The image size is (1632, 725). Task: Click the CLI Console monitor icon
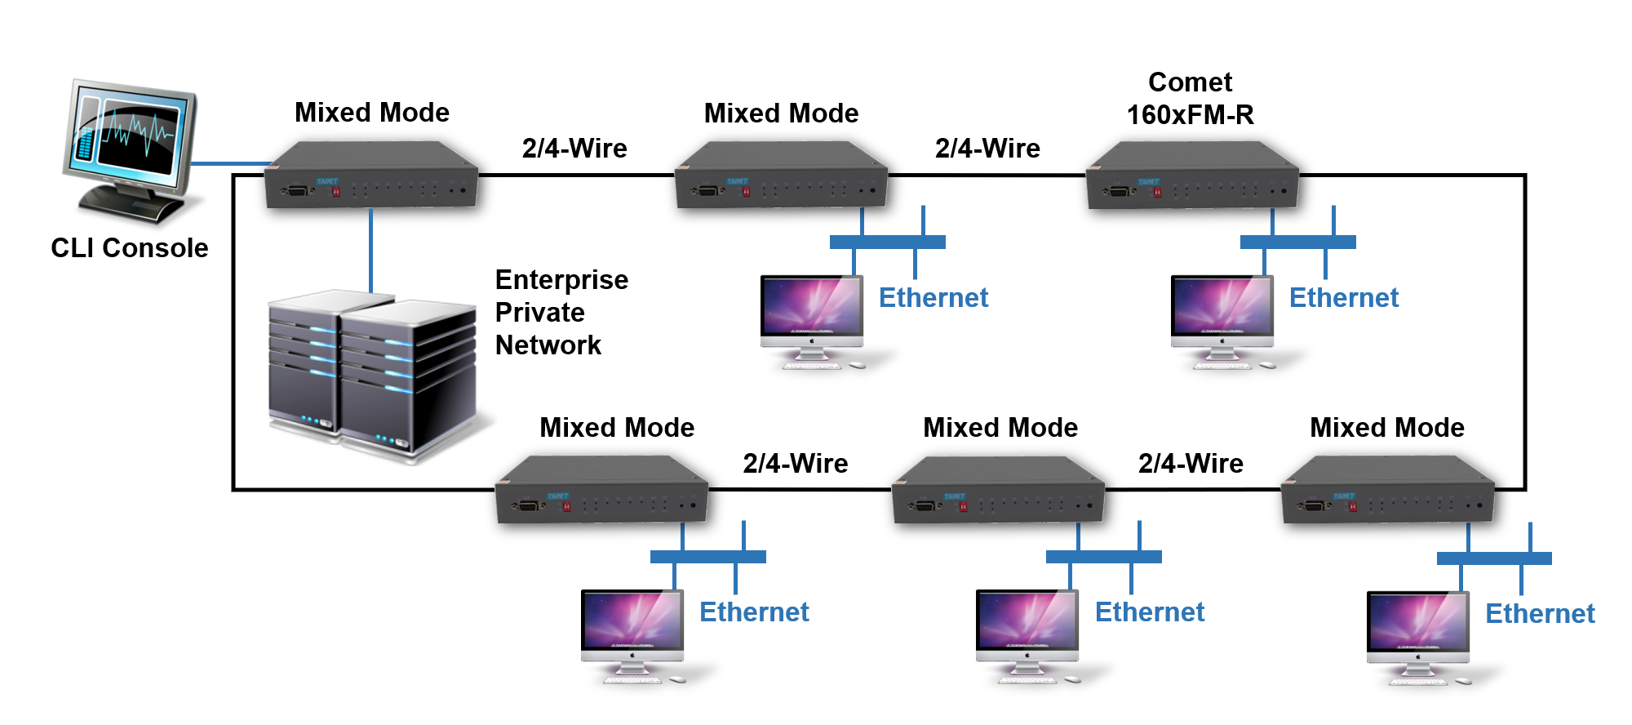[x=131, y=151]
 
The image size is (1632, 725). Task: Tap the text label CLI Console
[x=129, y=247]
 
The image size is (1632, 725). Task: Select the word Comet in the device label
[x=1190, y=82]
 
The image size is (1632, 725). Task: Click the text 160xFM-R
[x=1190, y=115]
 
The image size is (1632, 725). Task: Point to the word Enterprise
[x=561, y=280]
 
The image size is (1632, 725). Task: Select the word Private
[x=539, y=313]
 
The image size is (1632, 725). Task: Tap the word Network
[x=548, y=345]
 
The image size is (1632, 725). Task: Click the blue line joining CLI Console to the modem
[x=230, y=163]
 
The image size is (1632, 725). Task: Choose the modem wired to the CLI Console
[x=371, y=176]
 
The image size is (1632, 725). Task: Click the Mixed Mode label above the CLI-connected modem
[x=371, y=113]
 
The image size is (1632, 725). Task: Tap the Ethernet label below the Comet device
[x=1343, y=298]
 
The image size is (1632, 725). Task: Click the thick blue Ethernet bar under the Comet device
[x=1297, y=242]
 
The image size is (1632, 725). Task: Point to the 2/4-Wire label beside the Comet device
[x=987, y=149]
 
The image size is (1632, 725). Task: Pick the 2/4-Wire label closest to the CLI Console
[x=574, y=149]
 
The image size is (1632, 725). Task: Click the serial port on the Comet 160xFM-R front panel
[x=1118, y=192]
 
